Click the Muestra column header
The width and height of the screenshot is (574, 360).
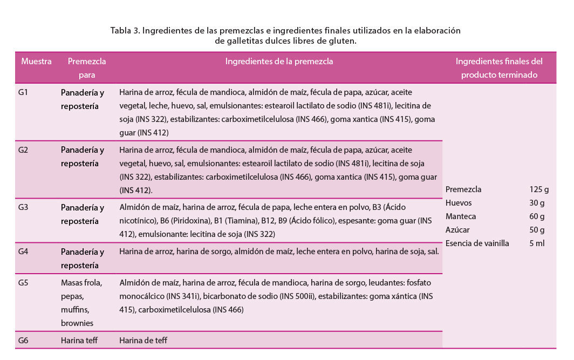coord(36,62)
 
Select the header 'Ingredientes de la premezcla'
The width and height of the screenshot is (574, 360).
coord(279,62)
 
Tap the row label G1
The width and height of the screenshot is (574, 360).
coord(23,92)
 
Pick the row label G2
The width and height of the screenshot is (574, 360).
coord(23,150)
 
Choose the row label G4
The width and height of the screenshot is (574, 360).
coord(23,252)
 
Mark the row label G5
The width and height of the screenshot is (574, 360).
coord(23,282)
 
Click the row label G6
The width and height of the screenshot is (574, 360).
coord(23,341)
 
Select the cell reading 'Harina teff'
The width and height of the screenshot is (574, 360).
coord(79,341)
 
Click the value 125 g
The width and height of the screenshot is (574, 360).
coord(539,189)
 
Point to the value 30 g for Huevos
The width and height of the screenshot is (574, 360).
coord(537,203)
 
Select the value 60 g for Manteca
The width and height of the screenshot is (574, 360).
coord(537,216)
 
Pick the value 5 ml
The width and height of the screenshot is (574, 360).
coord(537,243)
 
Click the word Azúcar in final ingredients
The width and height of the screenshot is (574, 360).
coord(457,230)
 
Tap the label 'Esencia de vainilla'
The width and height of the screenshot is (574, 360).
coord(477,243)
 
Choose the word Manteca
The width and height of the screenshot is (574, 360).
coord(460,216)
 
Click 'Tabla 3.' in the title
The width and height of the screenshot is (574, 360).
coord(125,30)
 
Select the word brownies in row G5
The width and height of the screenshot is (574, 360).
coord(77,323)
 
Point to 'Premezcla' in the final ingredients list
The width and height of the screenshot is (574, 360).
coord(463,189)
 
